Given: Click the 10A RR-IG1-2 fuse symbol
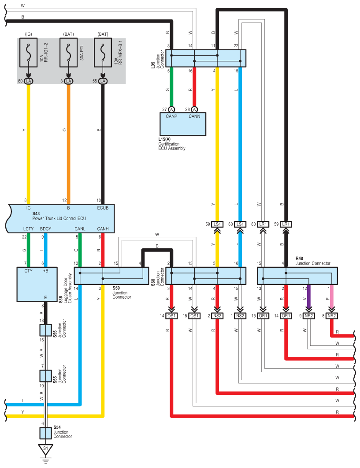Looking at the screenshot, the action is (28, 52).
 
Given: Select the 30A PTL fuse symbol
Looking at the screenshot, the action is (69, 52).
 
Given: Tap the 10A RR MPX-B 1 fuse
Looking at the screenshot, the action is (103, 52).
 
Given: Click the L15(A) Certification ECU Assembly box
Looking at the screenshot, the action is (183, 124).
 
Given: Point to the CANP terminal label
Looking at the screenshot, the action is (171, 116).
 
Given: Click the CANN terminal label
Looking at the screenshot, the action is (194, 116).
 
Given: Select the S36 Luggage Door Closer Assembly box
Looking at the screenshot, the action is (37, 285).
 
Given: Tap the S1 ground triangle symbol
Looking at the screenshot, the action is (46, 449).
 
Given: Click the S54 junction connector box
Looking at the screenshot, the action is (46, 433).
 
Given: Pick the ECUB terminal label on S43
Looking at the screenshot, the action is (103, 208).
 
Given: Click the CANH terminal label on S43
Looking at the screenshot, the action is (103, 229).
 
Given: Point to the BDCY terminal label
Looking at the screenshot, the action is (46, 229).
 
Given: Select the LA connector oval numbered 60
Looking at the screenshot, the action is (28, 81).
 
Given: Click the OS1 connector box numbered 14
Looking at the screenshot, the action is (171, 316).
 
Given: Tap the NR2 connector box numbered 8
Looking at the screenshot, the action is (332, 316).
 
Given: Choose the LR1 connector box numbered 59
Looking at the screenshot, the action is (286, 224).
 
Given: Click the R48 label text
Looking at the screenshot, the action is (299, 258).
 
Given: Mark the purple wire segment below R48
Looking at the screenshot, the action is (309, 297).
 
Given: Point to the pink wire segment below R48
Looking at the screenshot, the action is (332, 297).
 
